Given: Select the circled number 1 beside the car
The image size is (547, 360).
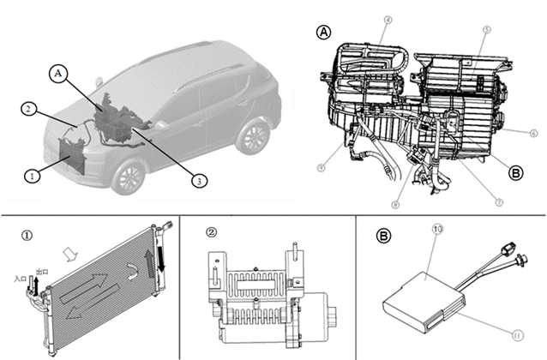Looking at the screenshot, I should [32, 176].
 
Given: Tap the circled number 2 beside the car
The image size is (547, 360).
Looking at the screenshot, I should [29, 110].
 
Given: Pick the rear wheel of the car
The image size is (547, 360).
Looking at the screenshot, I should [253, 137].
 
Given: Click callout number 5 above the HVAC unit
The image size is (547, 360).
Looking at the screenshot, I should [485, 29].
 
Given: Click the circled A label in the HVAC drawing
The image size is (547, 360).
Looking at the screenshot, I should [323, 32].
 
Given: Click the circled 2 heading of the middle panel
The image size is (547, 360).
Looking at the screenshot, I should [212, 231].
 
